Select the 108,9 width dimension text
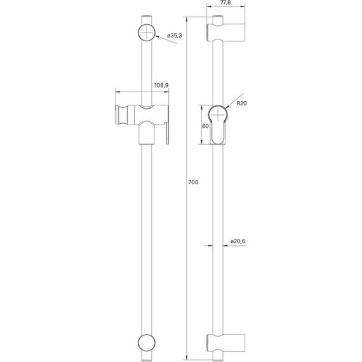tap(161, 85)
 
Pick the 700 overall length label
tap(193, 182)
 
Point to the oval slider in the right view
tap(218, 124)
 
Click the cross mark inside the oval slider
tap(218, 115)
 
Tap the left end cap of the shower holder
tap(119, 114)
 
